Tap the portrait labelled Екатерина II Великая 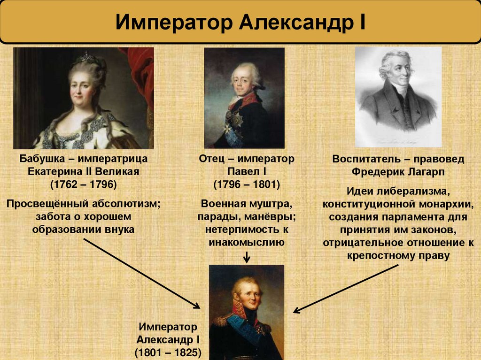tap(84, 98)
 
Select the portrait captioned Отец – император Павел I tap(244, 98)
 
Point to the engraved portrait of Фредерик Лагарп tap(398, 96)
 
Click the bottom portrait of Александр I tap(247, 312)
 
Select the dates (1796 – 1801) tap(247, 184)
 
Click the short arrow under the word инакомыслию tap(247, 257)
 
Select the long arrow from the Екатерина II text tap(141, 272)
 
